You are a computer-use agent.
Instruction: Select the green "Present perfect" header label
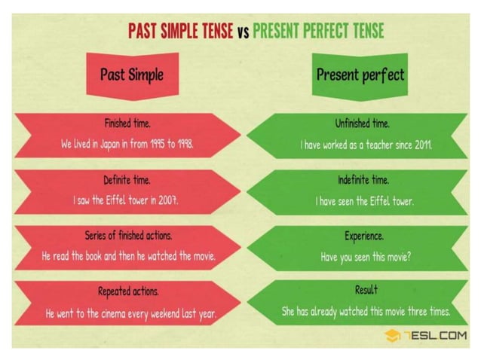(x=360, y=75)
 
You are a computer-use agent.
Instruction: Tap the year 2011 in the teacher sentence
(x=421, y=144)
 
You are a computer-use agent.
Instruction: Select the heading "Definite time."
(x=127, y=181)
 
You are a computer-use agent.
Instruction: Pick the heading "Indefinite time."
(x=363, y=181)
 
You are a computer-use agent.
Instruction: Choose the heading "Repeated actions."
(x=127, y=291)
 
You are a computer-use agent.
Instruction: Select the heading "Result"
(x=366, y=290)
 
